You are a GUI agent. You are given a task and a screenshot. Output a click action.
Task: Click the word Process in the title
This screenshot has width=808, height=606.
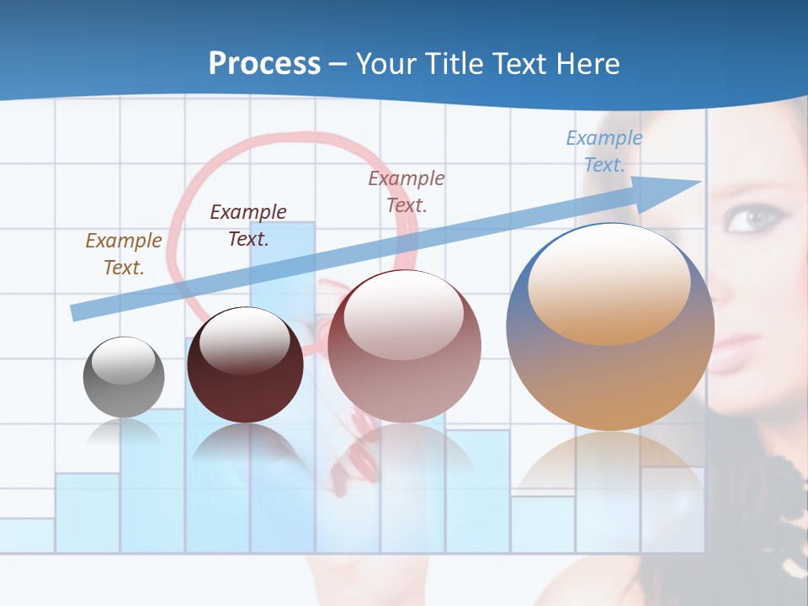[x=264, y=63]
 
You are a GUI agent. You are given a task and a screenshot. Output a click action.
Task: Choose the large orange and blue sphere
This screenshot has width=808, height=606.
[x=610, y=328]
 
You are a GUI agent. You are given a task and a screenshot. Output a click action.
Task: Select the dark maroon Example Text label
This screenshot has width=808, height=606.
[x=248, y=226]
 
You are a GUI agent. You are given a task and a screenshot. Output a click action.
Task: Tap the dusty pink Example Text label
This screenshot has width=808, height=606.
[x=407, y=192]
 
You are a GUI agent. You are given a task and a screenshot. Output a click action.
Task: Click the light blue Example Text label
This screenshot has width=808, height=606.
[x=604, y=151]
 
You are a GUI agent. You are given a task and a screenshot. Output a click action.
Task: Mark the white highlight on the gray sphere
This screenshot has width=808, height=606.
[x=123, y=360]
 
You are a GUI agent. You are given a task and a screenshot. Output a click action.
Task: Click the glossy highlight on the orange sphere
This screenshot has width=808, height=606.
[x=609, y=282]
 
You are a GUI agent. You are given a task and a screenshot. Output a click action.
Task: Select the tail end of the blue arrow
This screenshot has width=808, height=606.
[x=77, y=311]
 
